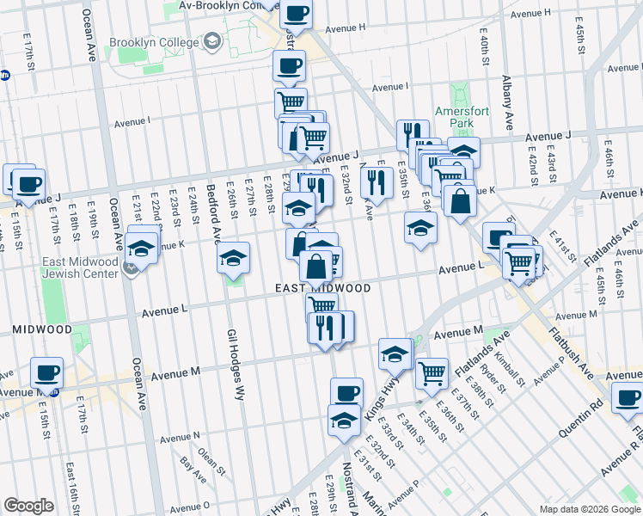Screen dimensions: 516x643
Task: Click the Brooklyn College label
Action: coord(153,41)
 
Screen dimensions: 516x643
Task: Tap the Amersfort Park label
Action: coord(455,117)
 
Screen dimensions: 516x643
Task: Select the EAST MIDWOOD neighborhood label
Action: coord(322,288)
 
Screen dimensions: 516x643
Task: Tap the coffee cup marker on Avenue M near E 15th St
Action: coord(47,372)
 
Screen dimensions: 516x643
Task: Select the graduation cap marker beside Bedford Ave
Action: coord(233,258)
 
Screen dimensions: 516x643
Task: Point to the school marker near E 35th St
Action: coord(420,227)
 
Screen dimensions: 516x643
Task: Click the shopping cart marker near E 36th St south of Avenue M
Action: coord(432,372)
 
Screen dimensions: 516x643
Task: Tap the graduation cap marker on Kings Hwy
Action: coord(395,353)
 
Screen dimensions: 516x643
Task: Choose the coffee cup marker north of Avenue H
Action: coord(297,13)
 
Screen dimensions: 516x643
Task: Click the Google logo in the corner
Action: coord(28,506)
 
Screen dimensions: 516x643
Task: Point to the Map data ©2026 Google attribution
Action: coord(589,509)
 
